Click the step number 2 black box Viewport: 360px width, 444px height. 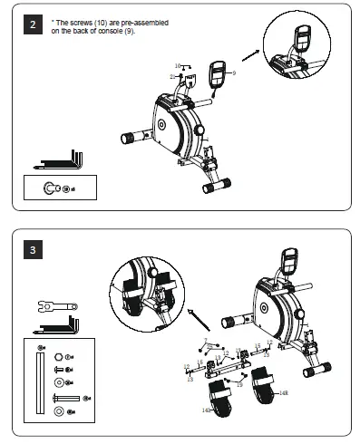34,24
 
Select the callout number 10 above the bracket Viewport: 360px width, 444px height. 178,65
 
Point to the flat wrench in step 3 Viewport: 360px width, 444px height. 56,304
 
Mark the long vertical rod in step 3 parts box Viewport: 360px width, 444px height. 39,386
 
